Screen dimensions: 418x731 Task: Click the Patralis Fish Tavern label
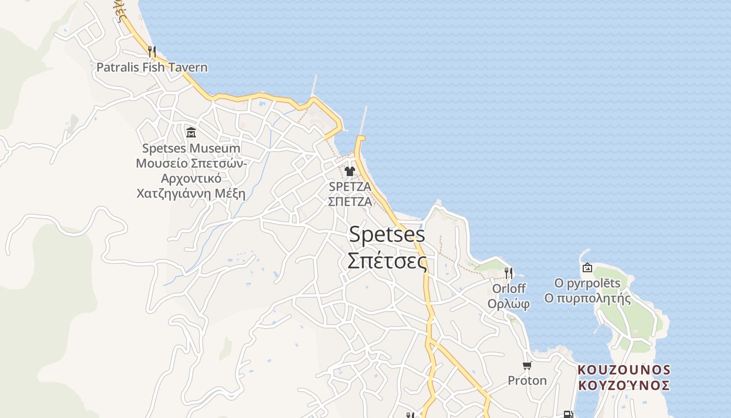coord(152,67)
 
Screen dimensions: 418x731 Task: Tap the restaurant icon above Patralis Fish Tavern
coord(152,51)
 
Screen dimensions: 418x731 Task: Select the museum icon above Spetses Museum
coord(191,132)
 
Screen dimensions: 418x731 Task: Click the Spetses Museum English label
coord(191,148)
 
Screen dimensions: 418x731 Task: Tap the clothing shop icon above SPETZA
coord(350,171)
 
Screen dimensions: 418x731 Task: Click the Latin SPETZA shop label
coord(350,187)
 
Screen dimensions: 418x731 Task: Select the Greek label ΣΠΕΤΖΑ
coord(350,202)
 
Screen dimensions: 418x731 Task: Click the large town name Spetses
coord(387,234)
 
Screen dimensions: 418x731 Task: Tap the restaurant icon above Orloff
coord(509,273)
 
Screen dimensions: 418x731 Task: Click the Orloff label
coord(509,288)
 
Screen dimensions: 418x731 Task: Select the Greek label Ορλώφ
coord(509,304)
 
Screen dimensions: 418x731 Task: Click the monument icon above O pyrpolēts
coord(587,268)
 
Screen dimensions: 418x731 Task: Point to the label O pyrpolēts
coord(587,284)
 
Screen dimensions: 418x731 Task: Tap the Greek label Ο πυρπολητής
coord(587,299)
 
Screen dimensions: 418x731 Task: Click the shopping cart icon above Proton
coord(527,365)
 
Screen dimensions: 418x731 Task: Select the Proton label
coord(527,380)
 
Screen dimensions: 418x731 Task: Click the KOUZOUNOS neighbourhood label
coord(624,370)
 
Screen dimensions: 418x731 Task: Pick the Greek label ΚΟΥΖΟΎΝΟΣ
coord(624,386)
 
